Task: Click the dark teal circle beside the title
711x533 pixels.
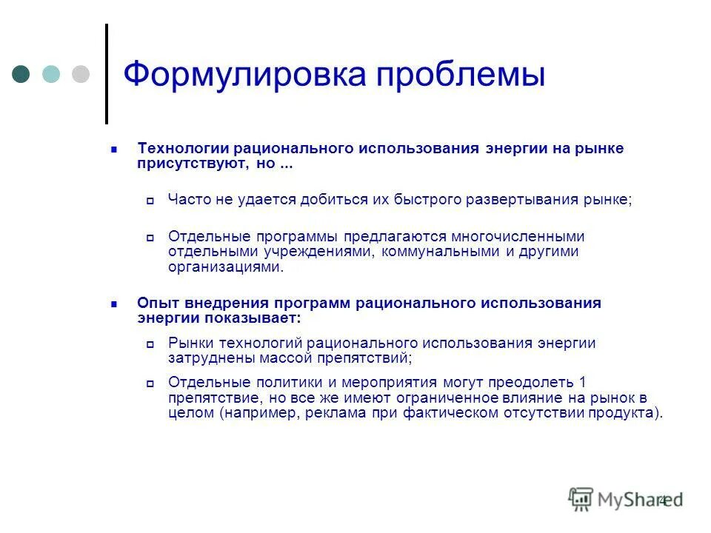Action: click(x=22, y=74)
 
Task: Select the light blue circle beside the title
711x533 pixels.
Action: click(x=51, y=74)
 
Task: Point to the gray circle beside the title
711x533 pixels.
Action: click(x=80, y=74)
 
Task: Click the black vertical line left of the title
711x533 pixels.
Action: click(x=107, y=74)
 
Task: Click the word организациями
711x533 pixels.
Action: click(x=225, y=268)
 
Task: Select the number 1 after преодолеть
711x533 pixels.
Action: click(x=583, y=382)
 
